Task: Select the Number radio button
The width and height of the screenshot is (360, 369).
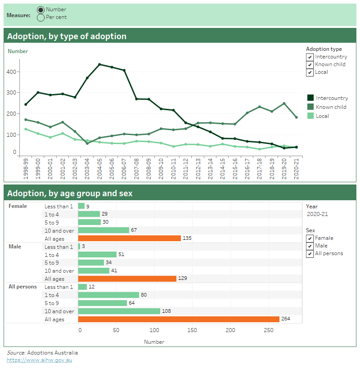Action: pyautogui.click(x=40, y=9)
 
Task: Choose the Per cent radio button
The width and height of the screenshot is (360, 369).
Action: pyautogui.click(x=40, y=18)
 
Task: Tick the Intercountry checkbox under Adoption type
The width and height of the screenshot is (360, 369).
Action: pyautogui.click(x=310, y=57)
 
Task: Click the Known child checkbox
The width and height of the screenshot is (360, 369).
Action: pyautogui.click(x=310, y=65)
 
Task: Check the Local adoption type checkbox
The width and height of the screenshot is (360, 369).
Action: pyautogui.click(x=310, y=72)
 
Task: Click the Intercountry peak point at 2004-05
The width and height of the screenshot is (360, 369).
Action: pyautogui.click(x=99, y=64)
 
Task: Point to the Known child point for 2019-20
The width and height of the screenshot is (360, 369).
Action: pyautogui.click(x=284, y=103)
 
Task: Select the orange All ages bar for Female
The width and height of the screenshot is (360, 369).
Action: pyautogui.click(x=129, y=238)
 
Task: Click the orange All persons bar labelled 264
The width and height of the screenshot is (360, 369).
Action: pyautogui.click(x=178, y=319)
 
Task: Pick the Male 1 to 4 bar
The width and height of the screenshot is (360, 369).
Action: pyautogui.click(x=97, y=255)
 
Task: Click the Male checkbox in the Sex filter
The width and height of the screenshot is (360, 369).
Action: pyautogui.click(x=310, y=246)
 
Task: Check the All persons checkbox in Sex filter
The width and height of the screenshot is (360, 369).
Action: pyautogui.click(x=310, y=254)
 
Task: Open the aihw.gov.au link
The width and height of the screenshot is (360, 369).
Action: pyautogui.click(x=39, y=360)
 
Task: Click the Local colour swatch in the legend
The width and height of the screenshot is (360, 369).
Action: pyautogui.click(x=310, y=116)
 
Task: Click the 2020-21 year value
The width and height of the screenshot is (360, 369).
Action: pyautogui.click(x=317, y=214)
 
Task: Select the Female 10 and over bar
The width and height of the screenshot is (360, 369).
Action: pyautogui.click(x=103, y=230)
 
